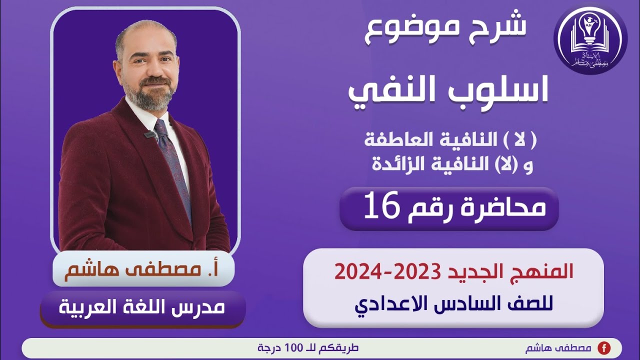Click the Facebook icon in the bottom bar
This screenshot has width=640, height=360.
pyautogui.click(x=604, y=348)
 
